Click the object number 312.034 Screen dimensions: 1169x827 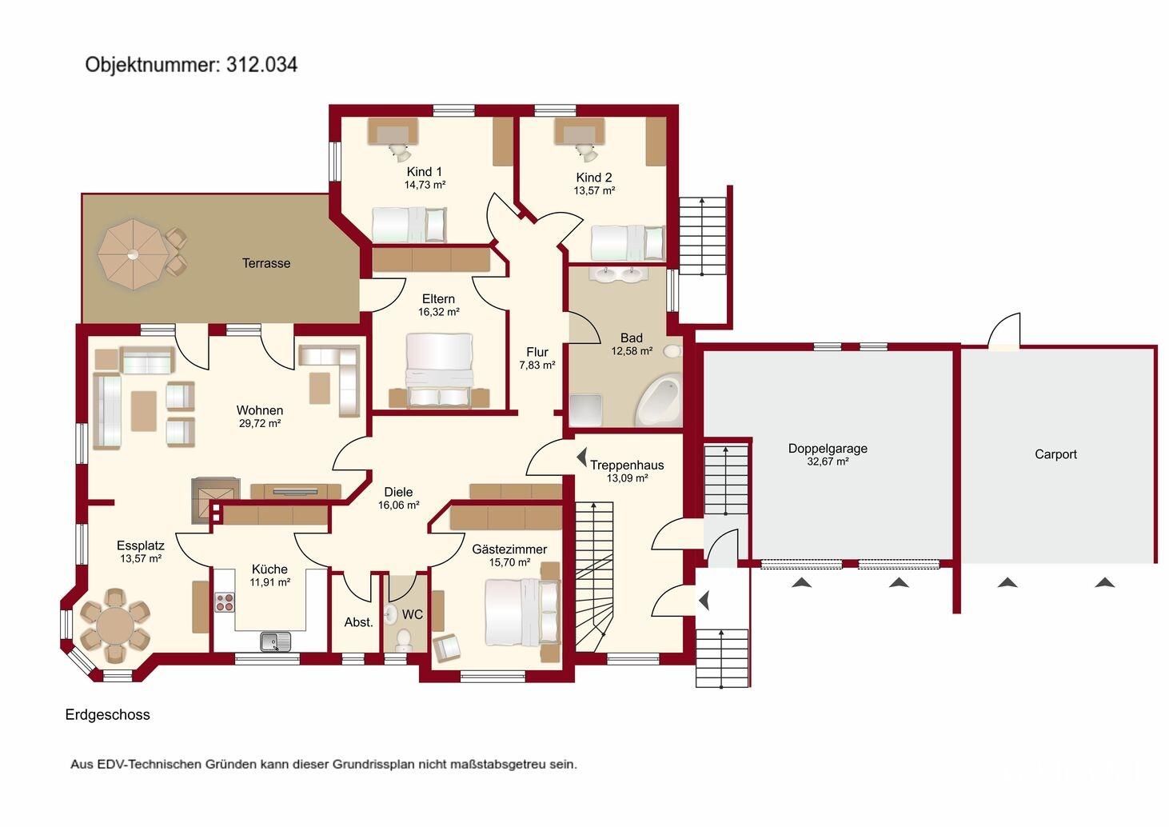click(262, 65)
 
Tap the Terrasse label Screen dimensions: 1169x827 click(266, 263)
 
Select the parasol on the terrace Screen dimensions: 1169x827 click(134, 254)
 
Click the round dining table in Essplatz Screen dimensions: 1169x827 click(115, 625)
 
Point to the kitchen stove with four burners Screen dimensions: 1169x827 click(225, 602)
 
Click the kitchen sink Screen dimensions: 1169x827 click(276, 641)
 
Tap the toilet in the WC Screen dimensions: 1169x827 click(404, 640)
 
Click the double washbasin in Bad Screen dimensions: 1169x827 click(619, 274)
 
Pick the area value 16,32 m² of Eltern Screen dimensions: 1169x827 click(438, 312)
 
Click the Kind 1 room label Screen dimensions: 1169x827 click(425, 172)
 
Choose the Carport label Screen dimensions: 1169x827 click(1055, 454)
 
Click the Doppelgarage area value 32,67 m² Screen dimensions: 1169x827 click(828, 461)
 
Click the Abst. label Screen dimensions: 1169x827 click(358, 622)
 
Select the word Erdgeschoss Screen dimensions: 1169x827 click(107, 715)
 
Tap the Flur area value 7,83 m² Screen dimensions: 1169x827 click(537, 366)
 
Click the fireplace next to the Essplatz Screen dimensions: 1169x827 click(215, 501)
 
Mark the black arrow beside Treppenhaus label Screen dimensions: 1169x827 click(581, 457)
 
